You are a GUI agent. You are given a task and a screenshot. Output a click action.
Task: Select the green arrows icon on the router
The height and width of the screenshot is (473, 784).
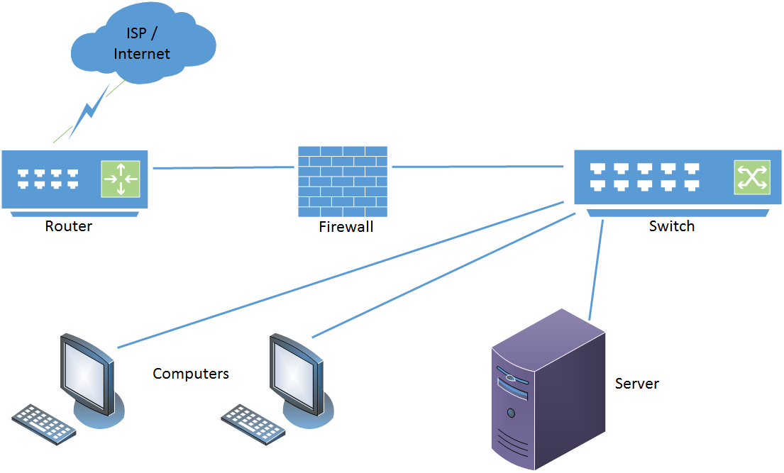pyautogui.click(x=121, y=179)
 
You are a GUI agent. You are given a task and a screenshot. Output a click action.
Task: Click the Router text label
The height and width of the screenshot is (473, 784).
pyautogui.click(x=69, y=226)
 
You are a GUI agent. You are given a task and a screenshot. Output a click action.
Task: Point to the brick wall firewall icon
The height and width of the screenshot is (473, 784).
pyautogui.click(x=343, y=182)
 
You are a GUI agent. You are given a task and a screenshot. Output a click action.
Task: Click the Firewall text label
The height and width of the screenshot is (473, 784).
pyautogui.click(x=346, y=227)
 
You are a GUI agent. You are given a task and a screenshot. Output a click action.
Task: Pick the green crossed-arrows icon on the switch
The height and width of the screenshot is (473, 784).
pyautogui.click(x=751, y=177)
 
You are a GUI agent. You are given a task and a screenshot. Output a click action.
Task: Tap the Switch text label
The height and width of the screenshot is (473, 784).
pyautogui.click(x=672, y=226)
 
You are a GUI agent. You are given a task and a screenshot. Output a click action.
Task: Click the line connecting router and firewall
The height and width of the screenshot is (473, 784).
pyautogui.click(x=223, y=168)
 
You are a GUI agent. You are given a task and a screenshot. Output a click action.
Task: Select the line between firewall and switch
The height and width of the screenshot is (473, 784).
pyautogui.click(x=477, y=167)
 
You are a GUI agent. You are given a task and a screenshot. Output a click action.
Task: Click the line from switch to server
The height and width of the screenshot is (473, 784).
pyautogui.click(x=596, y=269)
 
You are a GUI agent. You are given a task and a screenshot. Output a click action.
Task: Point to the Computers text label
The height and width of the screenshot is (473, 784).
pyautogui.click(x=191, y=373)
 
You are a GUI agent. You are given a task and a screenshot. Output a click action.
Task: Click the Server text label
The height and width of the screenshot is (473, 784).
pyautogui.click(x=636, y=384)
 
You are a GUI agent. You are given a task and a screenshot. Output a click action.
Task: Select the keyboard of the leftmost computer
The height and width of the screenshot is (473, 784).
pyautogui.click(x=44, y=423)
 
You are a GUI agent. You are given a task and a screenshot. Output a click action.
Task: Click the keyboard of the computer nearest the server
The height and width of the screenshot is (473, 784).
pyautogui.click(x=253, y=423)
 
